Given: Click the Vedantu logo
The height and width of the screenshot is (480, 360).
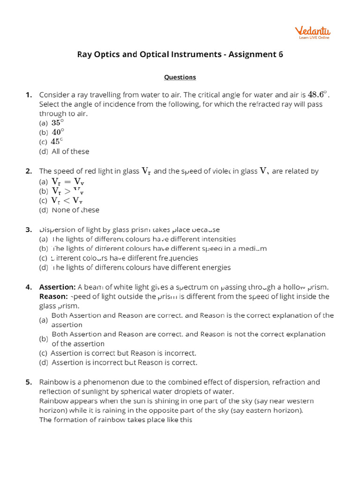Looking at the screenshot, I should click(312, 32).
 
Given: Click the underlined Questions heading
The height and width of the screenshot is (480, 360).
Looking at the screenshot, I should click(180, 77).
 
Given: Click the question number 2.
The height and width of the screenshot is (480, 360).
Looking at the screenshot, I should click(29, 171).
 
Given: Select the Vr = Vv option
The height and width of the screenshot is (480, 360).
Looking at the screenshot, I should click(67, 182).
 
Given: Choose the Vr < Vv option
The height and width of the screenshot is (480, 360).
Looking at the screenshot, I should click(67, 201).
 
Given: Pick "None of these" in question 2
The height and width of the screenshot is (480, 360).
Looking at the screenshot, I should click(75, 210).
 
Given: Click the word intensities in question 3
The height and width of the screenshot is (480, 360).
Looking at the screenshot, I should click(219, 239).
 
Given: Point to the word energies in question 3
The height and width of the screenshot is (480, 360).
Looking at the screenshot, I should click(216, 268).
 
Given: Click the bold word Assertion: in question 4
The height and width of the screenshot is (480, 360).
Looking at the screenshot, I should click(57, 287).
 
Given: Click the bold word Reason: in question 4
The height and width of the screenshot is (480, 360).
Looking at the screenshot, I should click(53, 296).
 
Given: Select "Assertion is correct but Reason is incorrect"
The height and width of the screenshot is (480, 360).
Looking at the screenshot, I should click(123, 353).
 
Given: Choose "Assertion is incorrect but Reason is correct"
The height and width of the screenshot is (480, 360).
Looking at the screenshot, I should click(124, 362).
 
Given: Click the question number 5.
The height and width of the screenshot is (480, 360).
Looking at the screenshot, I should click(29, 382).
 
